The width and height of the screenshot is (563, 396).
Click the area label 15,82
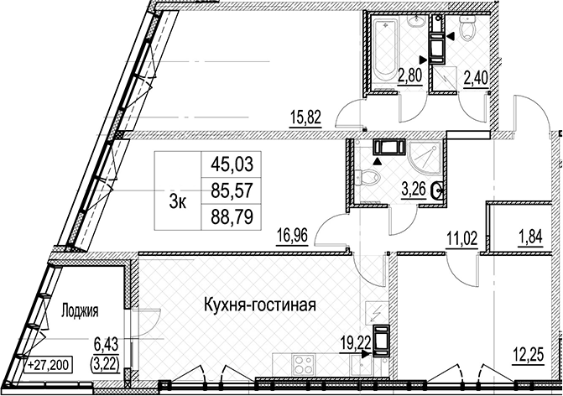[x=305, y=117]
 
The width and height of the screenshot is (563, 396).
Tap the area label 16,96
[x=292, y=237]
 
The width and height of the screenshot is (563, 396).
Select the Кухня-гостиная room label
[x=260, y=305]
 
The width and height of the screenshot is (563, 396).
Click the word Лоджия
[x=80, y=311]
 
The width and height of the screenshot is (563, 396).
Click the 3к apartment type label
[x=178, y=203]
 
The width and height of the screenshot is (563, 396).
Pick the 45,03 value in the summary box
[x=232, y=164]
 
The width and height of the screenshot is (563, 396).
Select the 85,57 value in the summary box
[x=232, y=190]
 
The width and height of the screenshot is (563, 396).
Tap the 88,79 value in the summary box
[x=232, y=216]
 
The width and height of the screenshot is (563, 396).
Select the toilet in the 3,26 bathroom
[x=368, y=177]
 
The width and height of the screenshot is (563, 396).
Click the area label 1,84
[x=529, y=237]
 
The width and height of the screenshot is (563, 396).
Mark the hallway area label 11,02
[x=461, y=238]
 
